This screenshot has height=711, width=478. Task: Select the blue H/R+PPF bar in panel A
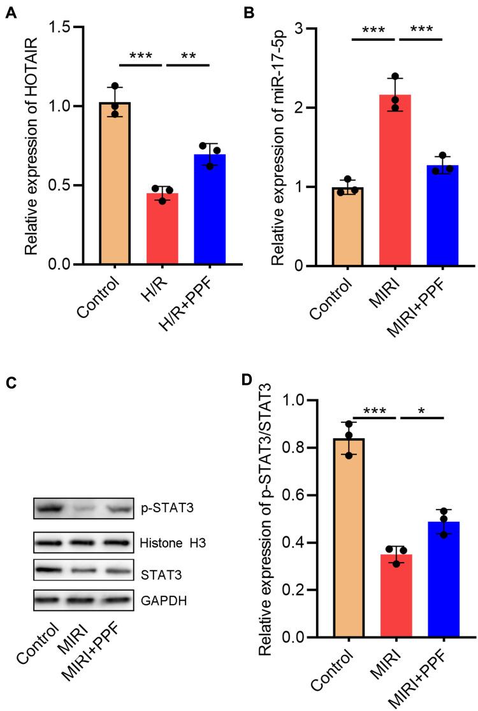click(x=211, y=210)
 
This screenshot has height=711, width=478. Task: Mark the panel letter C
click(x=10, y=384)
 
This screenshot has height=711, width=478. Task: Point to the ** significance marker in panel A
click(x=187, y=55)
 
